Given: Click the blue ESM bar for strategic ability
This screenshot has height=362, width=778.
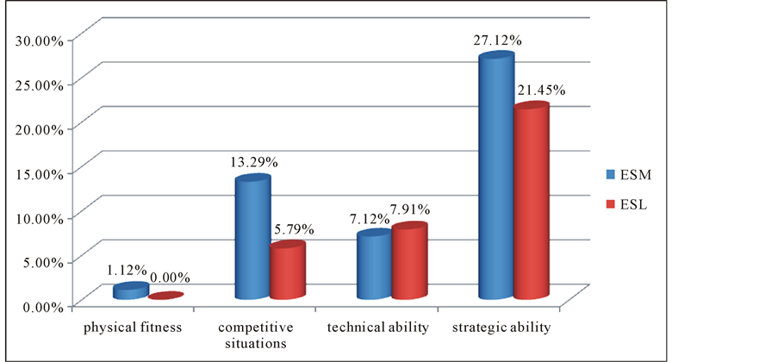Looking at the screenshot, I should [x=496, y=177].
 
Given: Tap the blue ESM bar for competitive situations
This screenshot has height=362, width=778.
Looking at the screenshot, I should [x=252, y=238].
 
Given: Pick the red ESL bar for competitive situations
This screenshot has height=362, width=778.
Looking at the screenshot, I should [x=287, y=271].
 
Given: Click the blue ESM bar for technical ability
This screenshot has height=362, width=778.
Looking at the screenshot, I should [x=375, y=265].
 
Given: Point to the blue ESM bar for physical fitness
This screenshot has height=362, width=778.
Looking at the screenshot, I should [x=130, y=291].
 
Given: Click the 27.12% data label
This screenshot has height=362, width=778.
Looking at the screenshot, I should [x=497, y=41].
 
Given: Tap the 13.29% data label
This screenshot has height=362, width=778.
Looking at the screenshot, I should [x=253, y=162].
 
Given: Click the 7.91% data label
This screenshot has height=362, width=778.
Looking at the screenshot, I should [x=409, y=209].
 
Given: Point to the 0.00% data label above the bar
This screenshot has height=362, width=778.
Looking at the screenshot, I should [x=170, y=278].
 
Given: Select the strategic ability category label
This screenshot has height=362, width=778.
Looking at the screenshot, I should [x=501, y=328].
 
